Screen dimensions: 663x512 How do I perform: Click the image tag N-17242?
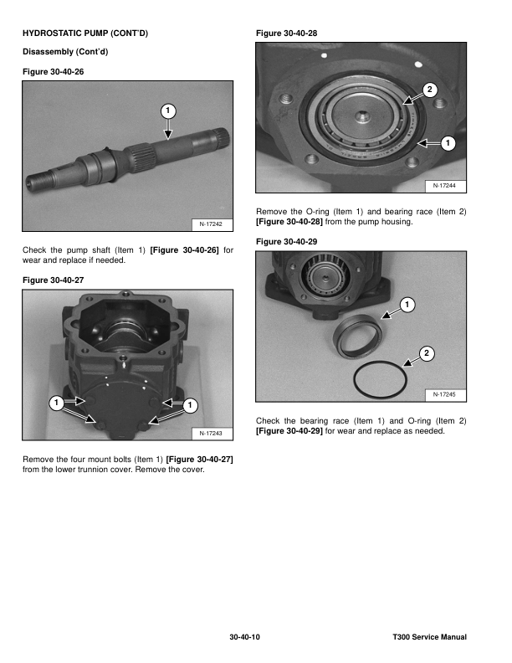tap(212, 224)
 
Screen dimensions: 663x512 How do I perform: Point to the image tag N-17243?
tap(212, 433)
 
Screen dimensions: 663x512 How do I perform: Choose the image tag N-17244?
tap(450, 185)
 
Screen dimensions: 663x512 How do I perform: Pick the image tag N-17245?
tap(450, 393)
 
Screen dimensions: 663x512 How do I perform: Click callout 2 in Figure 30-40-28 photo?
tap(429, 90)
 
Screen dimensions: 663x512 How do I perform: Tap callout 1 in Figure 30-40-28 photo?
tap(448, 144)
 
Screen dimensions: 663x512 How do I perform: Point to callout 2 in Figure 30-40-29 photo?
tap(427, 353)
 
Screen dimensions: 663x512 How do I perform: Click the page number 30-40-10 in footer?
tap(245, 638)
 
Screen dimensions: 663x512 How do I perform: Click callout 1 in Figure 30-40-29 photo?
tap(405, 303)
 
